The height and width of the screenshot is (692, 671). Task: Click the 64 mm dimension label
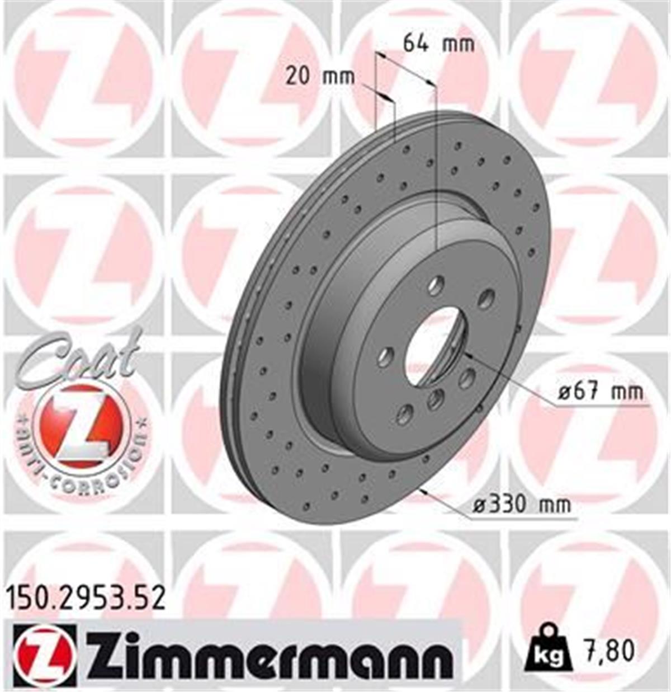tap(438, 43)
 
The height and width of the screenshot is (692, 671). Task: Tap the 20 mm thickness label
tap(320, 76)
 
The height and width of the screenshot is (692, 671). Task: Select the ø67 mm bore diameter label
tap(601, 392)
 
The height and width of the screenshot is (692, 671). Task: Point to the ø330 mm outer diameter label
tap(522, 505)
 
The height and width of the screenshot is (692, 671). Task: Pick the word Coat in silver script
tap(78, 358)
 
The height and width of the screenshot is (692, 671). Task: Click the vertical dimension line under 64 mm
tap(435, 168)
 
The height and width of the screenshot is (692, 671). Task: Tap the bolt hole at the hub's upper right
tap(486, 298)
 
